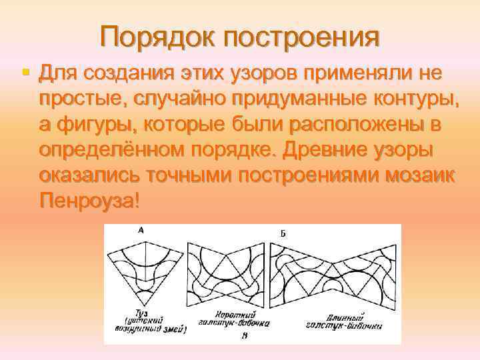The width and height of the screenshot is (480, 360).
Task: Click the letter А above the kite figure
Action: [x=141, y=231]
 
